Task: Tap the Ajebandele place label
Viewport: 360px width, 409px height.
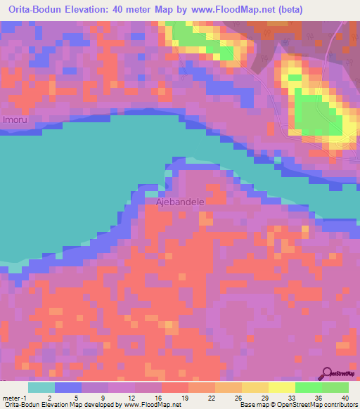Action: pos(180,202)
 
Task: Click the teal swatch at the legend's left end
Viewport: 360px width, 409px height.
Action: pos(41,387)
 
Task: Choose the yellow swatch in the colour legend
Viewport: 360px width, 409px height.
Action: pos(281,387)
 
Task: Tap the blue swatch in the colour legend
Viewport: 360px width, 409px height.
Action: pos(68,387)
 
